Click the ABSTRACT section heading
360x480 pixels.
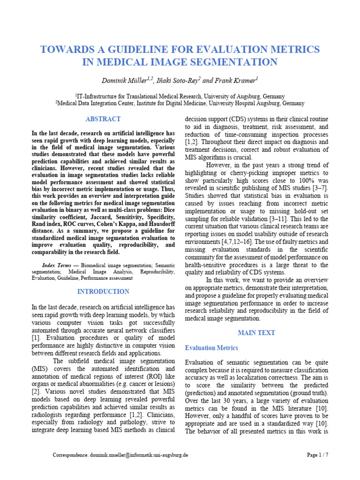coord(103,119)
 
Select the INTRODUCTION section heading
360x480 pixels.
coord(103,292)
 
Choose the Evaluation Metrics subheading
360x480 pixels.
coord(211,348)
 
